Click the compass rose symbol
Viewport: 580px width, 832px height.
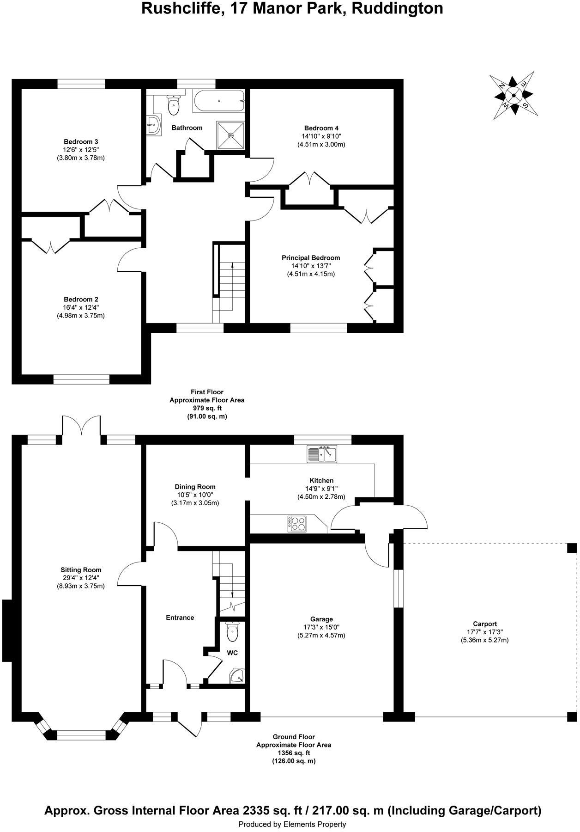[x=513, y=95]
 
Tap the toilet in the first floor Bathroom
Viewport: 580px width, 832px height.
[x=174, y=106]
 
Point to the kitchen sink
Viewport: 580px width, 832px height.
[x=322, y=454]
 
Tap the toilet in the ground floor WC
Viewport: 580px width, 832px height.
[x=232, y=632]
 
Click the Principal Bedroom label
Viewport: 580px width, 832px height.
[x=311, y=258]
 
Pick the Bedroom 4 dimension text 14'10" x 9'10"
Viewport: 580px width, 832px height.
[x=321, y=136]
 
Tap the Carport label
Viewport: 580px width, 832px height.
[x=484, y=624]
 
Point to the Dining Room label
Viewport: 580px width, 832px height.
[x=195, y=487]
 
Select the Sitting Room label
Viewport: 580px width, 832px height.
[x=81, y=570]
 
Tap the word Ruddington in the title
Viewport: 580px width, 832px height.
[x=397, y=8]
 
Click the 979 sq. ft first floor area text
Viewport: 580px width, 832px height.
[x=207, y=408]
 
